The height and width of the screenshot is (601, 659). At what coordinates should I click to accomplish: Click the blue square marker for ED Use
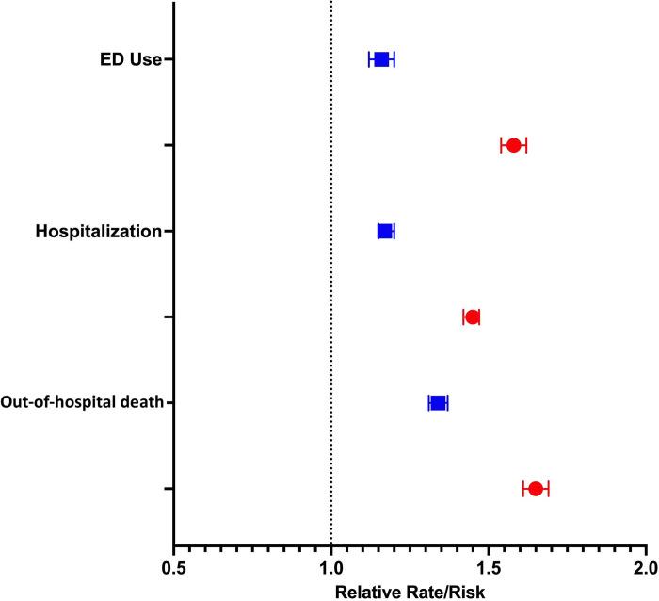381,59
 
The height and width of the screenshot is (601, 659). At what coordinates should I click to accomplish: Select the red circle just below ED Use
514,145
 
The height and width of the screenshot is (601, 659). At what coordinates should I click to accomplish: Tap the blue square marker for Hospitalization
385,231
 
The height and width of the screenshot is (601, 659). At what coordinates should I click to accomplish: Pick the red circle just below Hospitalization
473,317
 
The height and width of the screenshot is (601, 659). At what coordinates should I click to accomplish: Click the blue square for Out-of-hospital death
438,403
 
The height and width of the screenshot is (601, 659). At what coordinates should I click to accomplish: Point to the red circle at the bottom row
536,488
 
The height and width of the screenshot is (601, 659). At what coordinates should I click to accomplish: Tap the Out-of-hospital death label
83,403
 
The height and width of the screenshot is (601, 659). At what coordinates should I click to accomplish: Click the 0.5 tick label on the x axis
173,569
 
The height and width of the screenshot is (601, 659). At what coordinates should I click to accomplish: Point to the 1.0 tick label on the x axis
331,569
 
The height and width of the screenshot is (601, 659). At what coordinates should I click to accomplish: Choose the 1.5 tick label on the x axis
489,569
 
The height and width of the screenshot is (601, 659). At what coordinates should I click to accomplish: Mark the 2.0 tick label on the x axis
645,569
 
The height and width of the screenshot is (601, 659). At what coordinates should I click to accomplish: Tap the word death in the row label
143,403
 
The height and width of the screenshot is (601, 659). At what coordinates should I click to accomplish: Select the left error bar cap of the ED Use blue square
369,59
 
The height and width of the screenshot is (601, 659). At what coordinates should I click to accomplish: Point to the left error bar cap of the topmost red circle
502,145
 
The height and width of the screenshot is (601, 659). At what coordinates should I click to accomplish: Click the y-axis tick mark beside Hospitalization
169,231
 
